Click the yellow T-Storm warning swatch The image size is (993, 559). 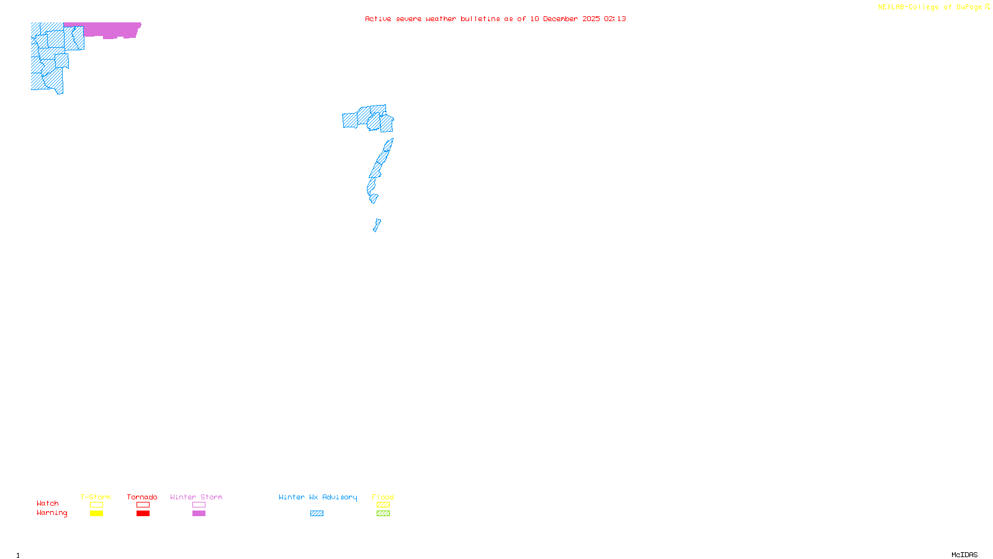tap(96, 514)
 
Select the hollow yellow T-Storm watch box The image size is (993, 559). tap(96, 505)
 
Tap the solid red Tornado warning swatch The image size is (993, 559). tap(143, 514)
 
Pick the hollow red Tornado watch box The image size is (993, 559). tap(143, 505)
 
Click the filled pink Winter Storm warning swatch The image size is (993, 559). tap(199, 514)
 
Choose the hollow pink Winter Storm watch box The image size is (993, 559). tap(199, 505)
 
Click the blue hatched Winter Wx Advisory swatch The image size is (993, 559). tap(317, 514)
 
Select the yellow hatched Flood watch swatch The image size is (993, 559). tap(383, 505)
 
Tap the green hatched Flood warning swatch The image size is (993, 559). tap(383, 514)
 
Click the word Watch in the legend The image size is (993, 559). tap(48, 504)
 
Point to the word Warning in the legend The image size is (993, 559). tap(52, 513)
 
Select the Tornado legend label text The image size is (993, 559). tap(142, 497)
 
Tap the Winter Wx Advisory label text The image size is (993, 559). tap(318, 497)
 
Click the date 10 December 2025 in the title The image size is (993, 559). tap(565, 19)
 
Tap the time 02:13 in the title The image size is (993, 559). tap(615, 19)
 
